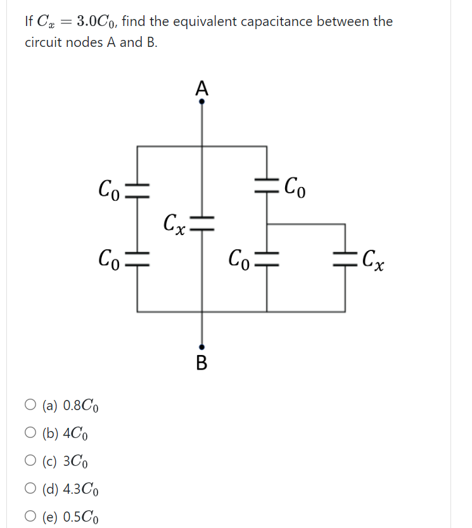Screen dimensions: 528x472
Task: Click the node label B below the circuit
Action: point(202,363)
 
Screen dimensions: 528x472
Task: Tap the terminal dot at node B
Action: point(202,347)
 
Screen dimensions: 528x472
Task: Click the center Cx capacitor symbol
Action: point(202,220)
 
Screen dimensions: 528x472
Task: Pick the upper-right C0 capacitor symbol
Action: point(267,185)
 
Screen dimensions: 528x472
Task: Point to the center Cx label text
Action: point(173,224)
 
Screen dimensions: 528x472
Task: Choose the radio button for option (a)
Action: point(31,404)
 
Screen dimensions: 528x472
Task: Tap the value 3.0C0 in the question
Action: point(95,22)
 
